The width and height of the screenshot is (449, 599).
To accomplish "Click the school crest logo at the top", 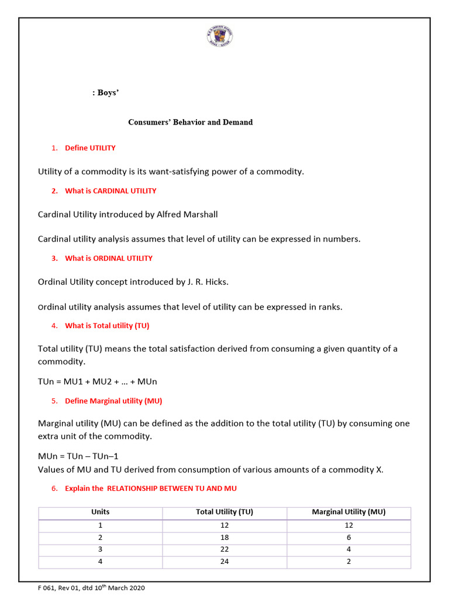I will point(219,36).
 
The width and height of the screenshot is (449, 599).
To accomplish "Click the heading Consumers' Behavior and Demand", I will point(191,122).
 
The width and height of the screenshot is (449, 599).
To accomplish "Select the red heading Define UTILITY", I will point(90,148).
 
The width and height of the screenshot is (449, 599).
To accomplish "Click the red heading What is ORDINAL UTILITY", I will point(108,258).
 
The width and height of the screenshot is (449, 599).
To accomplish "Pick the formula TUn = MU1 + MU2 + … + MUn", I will point(98,382).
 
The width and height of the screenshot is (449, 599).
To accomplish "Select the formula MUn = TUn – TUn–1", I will point(78,456).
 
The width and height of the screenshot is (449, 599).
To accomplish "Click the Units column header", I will point(101,512).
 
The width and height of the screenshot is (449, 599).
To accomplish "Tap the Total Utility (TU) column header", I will point(224,512).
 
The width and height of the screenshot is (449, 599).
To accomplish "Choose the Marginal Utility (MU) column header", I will point(348,512).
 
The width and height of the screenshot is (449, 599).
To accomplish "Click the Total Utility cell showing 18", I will point(224,537).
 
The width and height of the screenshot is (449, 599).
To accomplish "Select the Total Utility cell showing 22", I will point(224,549).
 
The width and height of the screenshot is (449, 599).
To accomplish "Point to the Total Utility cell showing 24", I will point(224,562).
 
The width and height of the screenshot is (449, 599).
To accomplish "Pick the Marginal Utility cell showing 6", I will point(348,537).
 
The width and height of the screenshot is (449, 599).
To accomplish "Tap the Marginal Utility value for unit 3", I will point(348,549).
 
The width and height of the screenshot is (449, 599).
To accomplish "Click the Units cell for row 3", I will point(101,549).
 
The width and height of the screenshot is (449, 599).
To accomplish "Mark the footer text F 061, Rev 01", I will point(63,588).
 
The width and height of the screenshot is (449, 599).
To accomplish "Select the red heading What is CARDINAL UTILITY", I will point(110,191).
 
